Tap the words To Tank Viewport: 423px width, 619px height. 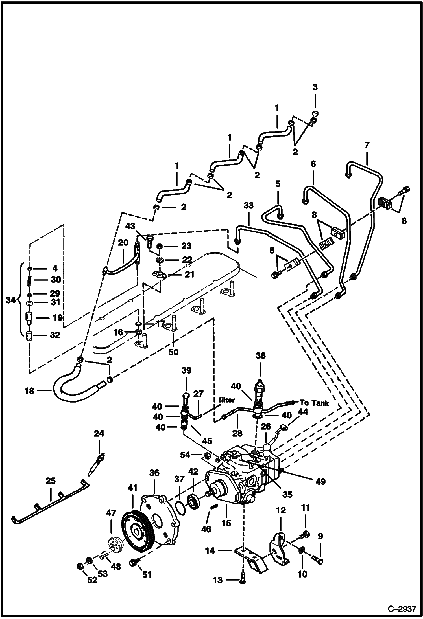pyautogui.click(x=314, y=403)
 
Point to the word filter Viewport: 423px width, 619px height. pyautogui.click(x=226, y=400)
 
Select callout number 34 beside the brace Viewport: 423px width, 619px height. pyautogui.click(x=11, y=300)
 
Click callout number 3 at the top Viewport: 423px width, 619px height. pyautogui.click(x=315, y=87)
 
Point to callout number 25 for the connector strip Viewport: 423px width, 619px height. pyautogui.click(x=51, y=480)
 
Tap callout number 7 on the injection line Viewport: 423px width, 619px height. pyautogui.click(x=367, y=146)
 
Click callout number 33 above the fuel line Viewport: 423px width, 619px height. pyautogui.click(x=248, y=205)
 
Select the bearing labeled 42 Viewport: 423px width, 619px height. pyautogui.click(x=194, y=501)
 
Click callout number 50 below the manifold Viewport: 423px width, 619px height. pyautogui.click(x=173, y=352)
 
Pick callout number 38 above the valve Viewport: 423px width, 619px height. pyautogui.click(x=260, y=356)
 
